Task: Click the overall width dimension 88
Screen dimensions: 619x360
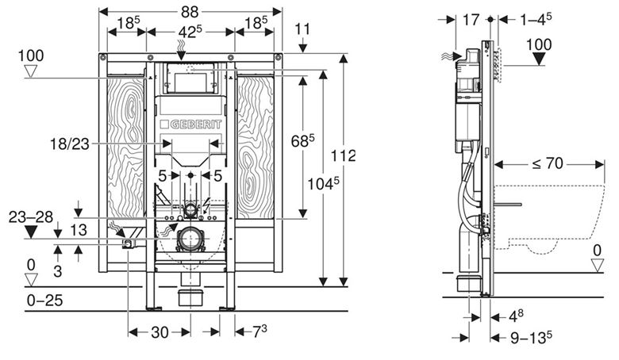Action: pyautogui.click(x=190, y=12)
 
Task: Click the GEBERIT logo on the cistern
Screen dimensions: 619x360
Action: pyautogui.click(x=191, y=124)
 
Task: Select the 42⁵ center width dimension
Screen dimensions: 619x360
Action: pyautogui.click(x=190, y=32)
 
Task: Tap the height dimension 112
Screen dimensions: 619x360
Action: pyautogui.click(x=343, y=155)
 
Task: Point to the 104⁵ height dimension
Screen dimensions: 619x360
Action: pyautogui.click(x=323, y=183)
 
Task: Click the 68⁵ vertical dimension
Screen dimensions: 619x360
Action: pyautogui.click(x=303, y=140)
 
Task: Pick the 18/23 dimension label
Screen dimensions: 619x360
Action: pyautogui.click(x=70, y=144)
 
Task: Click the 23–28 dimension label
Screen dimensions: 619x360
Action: pyautogui.click(x=31, y=216)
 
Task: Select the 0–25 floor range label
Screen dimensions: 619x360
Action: pyautogui.click(x=44, y=301)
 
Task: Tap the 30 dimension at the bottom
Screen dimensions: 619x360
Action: pyautogui.click(x=160, y=332)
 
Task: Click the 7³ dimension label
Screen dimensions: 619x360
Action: pyautogui.click(x=260, y=331)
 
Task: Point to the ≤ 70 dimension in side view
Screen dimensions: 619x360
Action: pyautogui.click(x=548, y=163)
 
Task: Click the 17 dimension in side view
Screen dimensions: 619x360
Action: pyautogui.click(x=471, y=19)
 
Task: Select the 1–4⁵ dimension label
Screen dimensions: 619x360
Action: pyautogui.click(x=536, y=19)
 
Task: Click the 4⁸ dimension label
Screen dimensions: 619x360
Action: pyautogui.click(x=517, y=316)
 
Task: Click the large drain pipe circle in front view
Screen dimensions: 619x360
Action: pyautogui.click(x=190, y=239)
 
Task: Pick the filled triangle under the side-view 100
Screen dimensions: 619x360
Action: pyautogui.click(x=539, y=59)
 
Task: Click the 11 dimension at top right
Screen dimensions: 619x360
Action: pyautogui.click(x=302, y=29)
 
